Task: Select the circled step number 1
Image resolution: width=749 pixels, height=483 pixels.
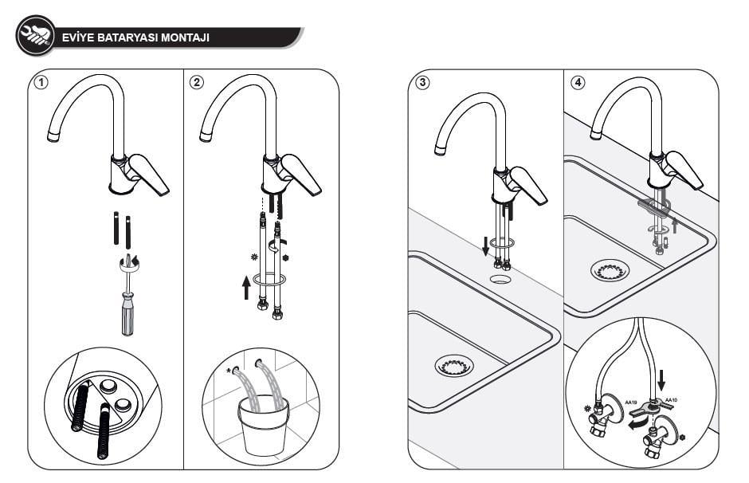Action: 39,83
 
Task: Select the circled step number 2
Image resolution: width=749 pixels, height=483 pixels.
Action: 195,83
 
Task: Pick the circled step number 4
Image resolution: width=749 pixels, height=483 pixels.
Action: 577,83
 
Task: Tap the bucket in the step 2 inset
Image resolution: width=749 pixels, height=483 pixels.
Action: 264,426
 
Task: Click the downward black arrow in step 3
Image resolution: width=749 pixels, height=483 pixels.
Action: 484,246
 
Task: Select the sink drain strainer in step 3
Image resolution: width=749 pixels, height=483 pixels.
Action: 454,366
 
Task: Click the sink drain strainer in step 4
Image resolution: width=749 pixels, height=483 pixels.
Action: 610,270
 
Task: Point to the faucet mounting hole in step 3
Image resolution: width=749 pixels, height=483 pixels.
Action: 500,279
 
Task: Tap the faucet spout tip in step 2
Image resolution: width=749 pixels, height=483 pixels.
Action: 206,137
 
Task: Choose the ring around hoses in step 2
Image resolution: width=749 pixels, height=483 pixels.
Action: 269,280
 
